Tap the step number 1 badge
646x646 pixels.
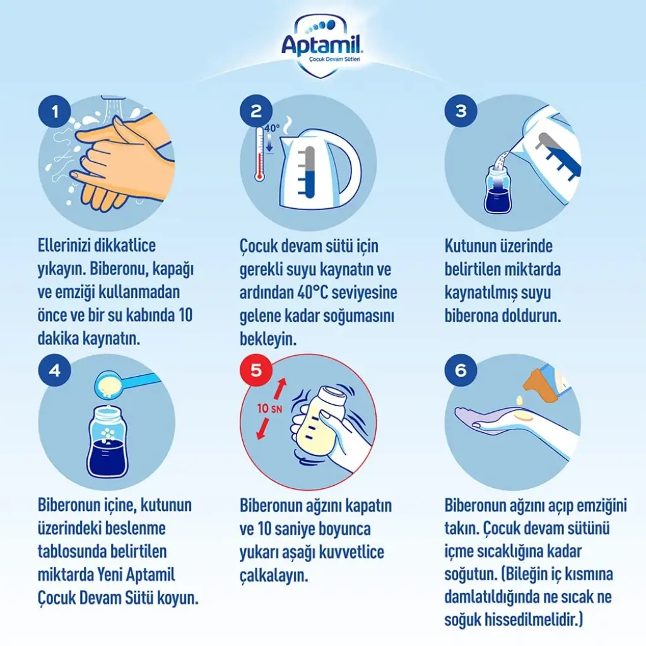click(x=55, y=111)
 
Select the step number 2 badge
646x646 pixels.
click(x=256, y=111)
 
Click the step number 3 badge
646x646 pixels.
click(x=461, y=110)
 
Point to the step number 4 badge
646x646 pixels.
click(x=55, y=370)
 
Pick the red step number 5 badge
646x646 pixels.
click(x=256, y=370)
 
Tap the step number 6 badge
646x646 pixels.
click(x=461, y=370)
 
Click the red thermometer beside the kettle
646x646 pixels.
click(x=259, y=154)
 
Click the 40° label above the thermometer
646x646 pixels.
click(x=272, y=128)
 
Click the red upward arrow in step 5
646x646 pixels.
click(x=280, y=389)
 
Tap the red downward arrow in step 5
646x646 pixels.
click(x=262, y=428)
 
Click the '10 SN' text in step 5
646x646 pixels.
click(x=269, y=408)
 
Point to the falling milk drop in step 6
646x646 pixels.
click(x=520, y=399)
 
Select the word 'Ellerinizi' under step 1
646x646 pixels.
click(x=64, y=245)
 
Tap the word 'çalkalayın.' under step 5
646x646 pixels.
click(x=274, y=576)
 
